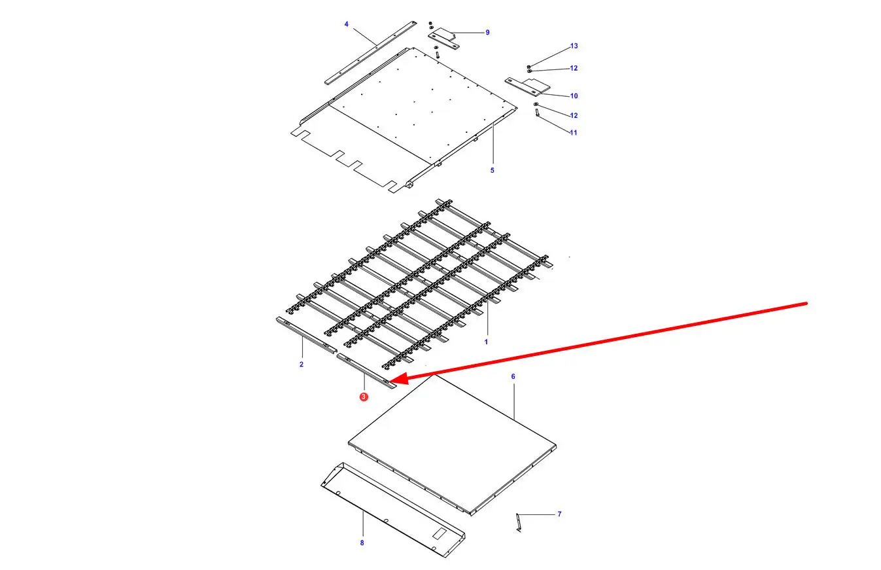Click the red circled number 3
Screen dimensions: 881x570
pos(364,397)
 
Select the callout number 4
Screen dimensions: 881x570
pos(346,24)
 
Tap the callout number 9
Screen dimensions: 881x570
pos(487,33)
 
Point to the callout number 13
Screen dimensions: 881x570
pos(574,46)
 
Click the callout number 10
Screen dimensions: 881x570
pos(574,96)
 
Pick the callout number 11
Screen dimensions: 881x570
pos(574,133)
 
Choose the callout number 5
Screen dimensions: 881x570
pos(492,170)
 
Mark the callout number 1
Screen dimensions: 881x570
pos(486,342)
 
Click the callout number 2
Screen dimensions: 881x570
pos(302,365)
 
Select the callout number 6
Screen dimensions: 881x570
pos(513,377)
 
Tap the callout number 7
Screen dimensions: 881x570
pos(559,514)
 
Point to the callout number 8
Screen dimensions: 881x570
pos(362,543)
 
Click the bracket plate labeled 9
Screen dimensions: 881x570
pos(443,39)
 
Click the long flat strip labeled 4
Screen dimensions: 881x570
pos(370,52)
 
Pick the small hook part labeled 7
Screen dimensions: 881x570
pos(519,522)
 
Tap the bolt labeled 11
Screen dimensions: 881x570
pos(537,113)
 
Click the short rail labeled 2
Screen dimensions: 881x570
pos(306,335)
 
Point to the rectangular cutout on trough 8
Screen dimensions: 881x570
pos(440,534)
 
